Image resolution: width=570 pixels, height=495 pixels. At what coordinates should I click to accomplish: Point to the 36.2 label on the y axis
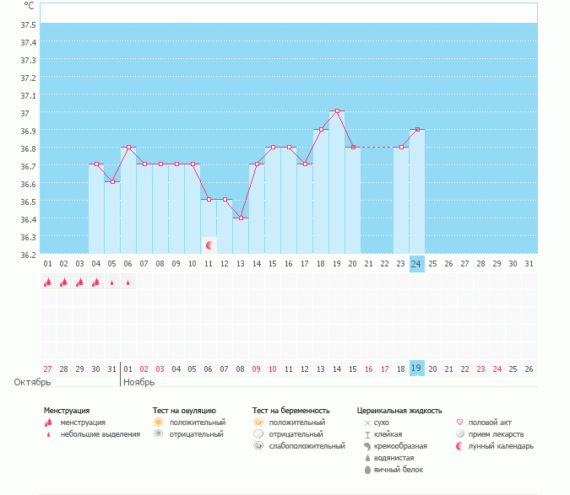(x=28, y=255)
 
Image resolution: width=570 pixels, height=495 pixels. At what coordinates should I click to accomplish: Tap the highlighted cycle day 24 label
(x=416, y=264)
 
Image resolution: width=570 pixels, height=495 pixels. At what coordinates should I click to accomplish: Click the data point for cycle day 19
(x=337, y=111)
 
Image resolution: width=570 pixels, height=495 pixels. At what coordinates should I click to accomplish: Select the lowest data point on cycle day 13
(x=241, y=218)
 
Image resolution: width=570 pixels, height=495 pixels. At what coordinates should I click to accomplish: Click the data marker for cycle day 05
(x=112, y=182)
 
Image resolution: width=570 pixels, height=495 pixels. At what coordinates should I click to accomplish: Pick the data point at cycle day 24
(x=416, y=129)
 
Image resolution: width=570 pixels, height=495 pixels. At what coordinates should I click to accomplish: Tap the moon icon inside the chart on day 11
(x=209, y=245)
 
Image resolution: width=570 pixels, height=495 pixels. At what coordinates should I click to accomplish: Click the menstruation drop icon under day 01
(x=48, y=282)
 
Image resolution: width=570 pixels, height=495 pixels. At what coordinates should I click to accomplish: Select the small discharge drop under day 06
(x=128, y=283)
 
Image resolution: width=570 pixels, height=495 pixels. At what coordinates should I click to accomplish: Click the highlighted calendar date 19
(x=416, y=369)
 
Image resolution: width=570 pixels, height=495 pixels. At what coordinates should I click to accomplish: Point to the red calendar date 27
(x=48, y=369)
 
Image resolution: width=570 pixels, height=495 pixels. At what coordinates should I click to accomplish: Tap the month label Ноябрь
(x=140, y=382)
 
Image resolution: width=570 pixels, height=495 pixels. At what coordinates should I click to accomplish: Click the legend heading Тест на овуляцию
(x=185, y=410)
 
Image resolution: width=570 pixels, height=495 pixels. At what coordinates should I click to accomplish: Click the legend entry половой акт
(x=490, y=422)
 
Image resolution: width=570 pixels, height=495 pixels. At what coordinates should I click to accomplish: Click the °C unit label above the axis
(x=30, y=5)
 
